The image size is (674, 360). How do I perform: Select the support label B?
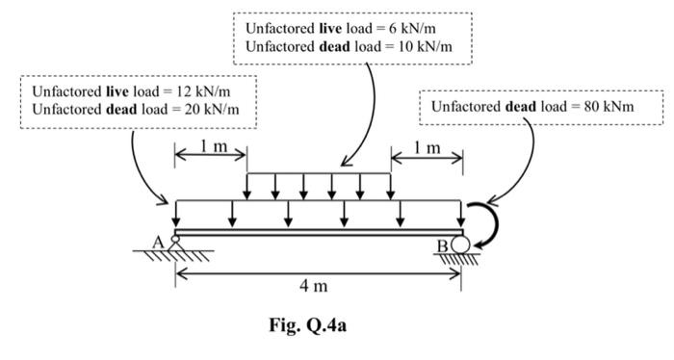pos(443,246)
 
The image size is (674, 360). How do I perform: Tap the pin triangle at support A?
pos(175,244)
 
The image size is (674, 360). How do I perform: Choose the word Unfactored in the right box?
pos(466,105)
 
